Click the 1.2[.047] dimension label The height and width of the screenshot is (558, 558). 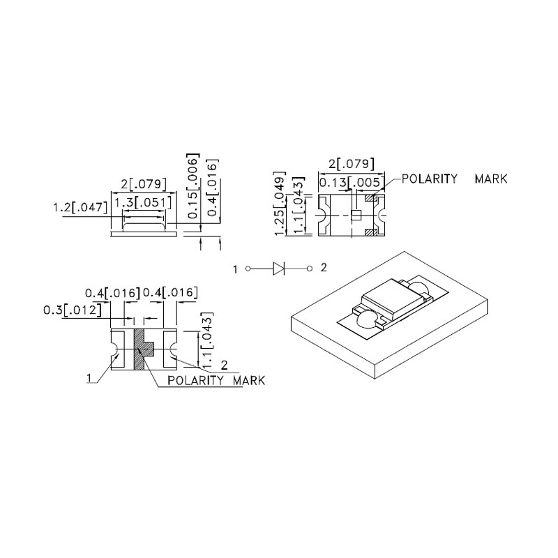(x=80, y=207)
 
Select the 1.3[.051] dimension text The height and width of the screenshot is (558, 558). (x=143, y=203)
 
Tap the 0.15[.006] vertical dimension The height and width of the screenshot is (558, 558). (x=193, y=186)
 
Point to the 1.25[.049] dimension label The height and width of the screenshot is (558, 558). (x=280, y=203)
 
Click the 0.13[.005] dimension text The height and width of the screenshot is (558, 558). (x=350, y=183)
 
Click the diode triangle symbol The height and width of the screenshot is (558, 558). (x=278, y=269)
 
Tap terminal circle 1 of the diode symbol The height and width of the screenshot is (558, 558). (x=248, y=269)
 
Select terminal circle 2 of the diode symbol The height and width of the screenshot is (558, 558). (x=310, y=269)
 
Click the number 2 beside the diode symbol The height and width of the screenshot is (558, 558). (x=324, y=267)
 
